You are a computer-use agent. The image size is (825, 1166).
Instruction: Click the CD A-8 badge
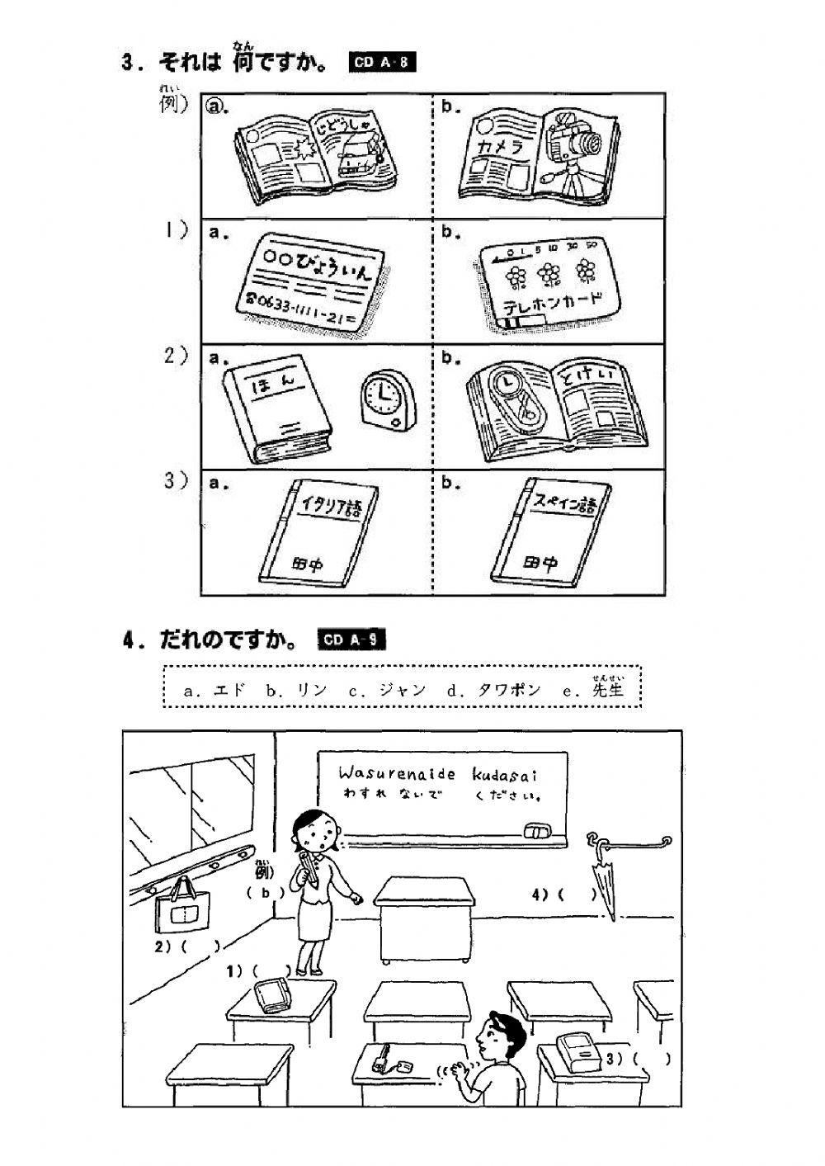pos(379,64)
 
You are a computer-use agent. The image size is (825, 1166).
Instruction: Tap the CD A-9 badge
pos(351,640)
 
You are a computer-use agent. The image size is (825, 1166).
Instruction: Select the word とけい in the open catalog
pos(593,376)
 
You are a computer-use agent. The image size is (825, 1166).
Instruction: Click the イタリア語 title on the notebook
pos(328,505)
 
